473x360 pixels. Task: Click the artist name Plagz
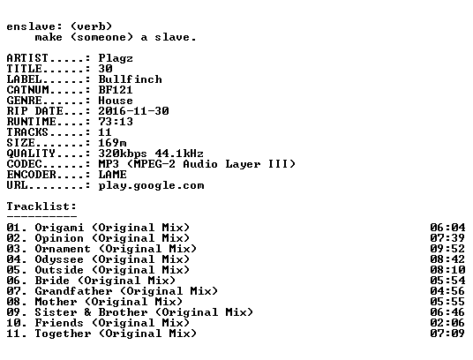click(x=116, y=58)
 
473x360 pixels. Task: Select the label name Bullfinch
click(x=131, y=79)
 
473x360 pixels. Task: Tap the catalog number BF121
click(x=116, y=90)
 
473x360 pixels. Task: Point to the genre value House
click(x=116, y=101)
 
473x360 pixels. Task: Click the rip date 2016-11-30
click(x=133, y=111)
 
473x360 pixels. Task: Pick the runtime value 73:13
click(x=116, y=122)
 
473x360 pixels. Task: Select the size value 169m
click(x=113, y=143)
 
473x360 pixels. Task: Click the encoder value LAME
click(x=113, y=175)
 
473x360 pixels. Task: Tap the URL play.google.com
click(x=152, y=185)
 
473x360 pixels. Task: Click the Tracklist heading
click(x=41, y=206)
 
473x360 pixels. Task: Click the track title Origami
click(x=59, y=228)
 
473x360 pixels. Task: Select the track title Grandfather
click(x=73, y=291)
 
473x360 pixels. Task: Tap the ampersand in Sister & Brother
click(x=87, y=312)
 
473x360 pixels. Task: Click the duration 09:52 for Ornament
click(x=447, y=249)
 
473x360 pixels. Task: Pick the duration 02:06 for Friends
click(x=447, y=323)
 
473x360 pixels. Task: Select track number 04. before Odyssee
click(x=17, y=259)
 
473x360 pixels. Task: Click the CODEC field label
click(x=24, y=164)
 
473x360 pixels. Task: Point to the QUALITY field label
click(x=31, y=154)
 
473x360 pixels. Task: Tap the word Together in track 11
click(x=63, y=334)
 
